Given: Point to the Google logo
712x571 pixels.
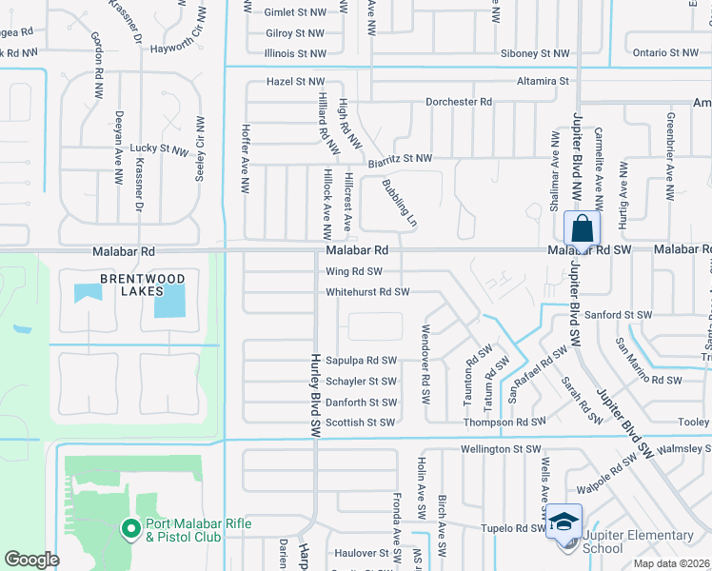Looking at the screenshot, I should tap(32, 560).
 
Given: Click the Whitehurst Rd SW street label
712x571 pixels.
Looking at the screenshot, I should tap(366, 292).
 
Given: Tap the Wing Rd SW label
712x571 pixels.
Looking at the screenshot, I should tap(353, 271).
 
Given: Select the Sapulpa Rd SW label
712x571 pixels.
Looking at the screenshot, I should tap(361, 361).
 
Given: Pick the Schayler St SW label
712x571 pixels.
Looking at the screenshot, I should tap(362, 381).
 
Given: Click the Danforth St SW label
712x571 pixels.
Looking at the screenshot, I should tap(361, 403).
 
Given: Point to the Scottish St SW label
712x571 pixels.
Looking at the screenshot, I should tap(360, 423).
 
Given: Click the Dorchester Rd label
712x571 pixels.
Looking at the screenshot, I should tap(459, 102).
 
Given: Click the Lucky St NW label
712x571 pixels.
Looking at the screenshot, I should tap(160, 148).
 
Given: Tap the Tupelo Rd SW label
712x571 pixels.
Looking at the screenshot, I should tap(512, 528).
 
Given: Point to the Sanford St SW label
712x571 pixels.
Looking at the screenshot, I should tap(618, 314).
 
